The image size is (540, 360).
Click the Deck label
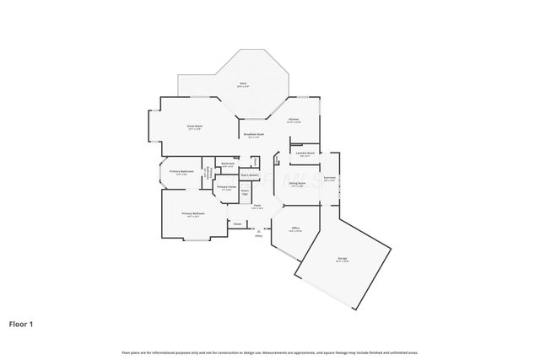(243, 84)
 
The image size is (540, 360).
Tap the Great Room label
(194, 127)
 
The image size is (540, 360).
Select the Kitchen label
(294, 121)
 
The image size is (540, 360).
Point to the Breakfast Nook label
(254, 135)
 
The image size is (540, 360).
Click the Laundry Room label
(305, 154)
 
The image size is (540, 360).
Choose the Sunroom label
(330, 178)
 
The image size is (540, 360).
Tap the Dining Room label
(297, 184)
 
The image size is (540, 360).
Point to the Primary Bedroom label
(193, 214)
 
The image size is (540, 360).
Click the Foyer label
(256, 206)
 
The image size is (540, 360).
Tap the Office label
(295, 228)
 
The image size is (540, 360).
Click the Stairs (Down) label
(249, 175)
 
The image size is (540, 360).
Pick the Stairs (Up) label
(245, 192)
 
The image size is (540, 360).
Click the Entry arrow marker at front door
(258, 232)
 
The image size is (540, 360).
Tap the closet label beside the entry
(237, 224)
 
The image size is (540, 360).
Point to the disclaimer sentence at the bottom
(269, 352)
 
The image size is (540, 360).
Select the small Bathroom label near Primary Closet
(228, 164)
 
